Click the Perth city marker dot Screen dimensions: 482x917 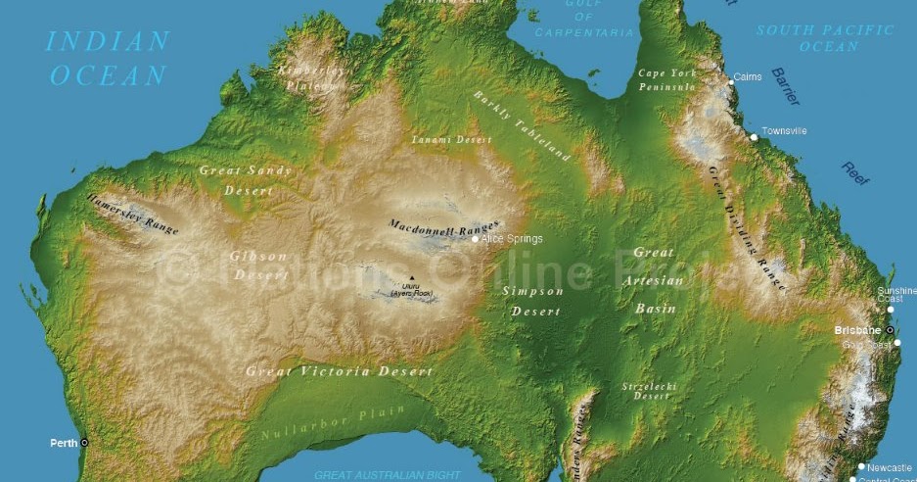coord(84,443)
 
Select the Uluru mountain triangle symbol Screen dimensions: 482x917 coord(412,277)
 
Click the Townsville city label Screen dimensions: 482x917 coord(785,130)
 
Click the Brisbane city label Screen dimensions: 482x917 coord(857,330)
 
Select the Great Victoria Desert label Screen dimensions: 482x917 coord(339,371)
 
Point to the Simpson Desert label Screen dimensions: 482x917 coord(534,301)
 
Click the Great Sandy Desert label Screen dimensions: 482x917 coord(246,179)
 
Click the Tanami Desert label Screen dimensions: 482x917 coord(451,140)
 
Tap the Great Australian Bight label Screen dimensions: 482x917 coord(387,475)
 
